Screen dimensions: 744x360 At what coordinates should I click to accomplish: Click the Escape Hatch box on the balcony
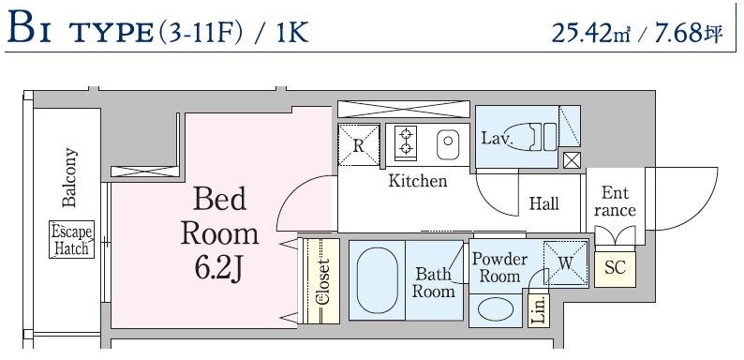71,239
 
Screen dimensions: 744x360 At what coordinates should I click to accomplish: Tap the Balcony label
69,177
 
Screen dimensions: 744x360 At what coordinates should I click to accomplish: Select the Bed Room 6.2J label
219,233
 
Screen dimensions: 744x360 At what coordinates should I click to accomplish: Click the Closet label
322,281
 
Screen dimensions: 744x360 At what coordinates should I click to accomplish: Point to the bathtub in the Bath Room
377,280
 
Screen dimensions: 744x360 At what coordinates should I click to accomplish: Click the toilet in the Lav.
533,136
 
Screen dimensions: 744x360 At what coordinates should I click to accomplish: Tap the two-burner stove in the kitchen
405,141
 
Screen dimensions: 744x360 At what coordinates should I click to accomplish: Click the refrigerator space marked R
359,145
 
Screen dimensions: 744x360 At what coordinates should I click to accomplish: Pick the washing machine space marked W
566,263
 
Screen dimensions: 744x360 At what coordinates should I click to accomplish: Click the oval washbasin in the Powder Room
496,310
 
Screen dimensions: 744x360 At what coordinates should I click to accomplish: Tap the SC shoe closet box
615,269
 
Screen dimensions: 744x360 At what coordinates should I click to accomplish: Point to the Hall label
543,204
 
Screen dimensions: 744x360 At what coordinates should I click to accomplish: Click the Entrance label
615,202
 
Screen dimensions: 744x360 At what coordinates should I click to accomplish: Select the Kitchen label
418,181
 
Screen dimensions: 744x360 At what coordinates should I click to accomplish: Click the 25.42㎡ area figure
591,33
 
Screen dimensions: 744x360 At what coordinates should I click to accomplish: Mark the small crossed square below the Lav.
572,160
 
